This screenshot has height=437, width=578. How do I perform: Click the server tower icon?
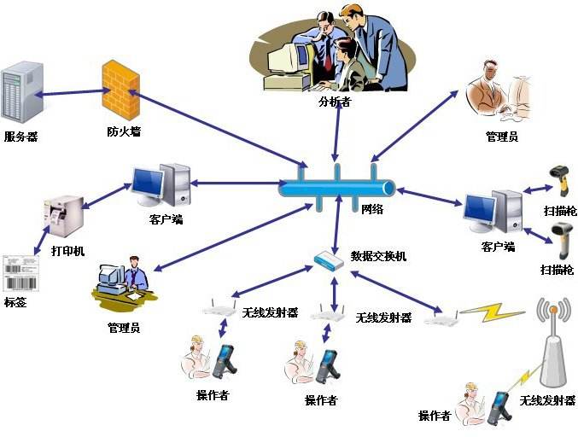(x=21, y=93)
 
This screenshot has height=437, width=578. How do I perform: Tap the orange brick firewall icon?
(x=120, y=89)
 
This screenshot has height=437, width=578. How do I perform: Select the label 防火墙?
(x=124, y=132)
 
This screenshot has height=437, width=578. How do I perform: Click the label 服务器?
(x=20, y=137)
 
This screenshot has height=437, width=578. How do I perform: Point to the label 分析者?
(x=335, y=102)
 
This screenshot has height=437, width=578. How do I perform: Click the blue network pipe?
(x=338, y=186)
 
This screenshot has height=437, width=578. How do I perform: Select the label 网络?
(x=373, y=208)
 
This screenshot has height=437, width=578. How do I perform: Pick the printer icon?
(x=63, y=215)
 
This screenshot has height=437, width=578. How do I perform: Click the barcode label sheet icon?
(x=16, y=272)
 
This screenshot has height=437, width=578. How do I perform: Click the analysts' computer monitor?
(x=285, y=59)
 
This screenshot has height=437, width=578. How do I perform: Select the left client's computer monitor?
(x=148, y=182)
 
